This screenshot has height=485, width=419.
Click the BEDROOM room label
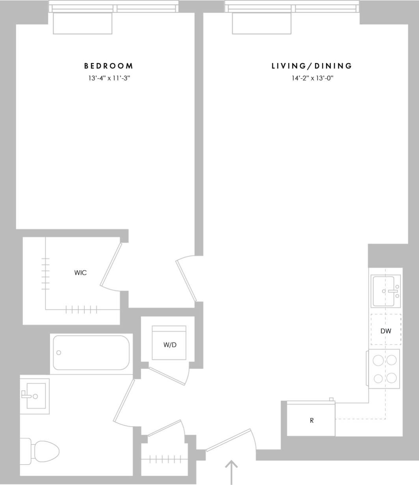(109, 66)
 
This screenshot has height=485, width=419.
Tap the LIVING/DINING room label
(312, 66)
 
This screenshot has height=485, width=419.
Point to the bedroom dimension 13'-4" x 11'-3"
(109, 78)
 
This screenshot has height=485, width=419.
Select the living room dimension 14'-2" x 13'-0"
(313, 78)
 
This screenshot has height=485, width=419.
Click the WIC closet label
(80, 272)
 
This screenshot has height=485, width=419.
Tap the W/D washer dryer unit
(169, 343)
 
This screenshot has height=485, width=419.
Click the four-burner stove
(384, 369)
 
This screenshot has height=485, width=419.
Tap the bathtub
(91, 353)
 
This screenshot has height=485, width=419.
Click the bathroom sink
(35, 396)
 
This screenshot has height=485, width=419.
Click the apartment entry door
(229, 439)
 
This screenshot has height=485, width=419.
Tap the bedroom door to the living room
(186, 280)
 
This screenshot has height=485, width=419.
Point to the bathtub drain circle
(59, 353)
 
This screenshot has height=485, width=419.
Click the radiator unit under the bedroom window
(82, 23)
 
